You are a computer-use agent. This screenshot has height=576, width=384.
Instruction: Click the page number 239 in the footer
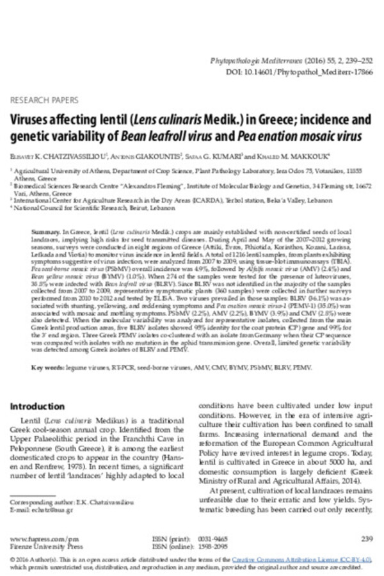[x=366, y=539]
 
